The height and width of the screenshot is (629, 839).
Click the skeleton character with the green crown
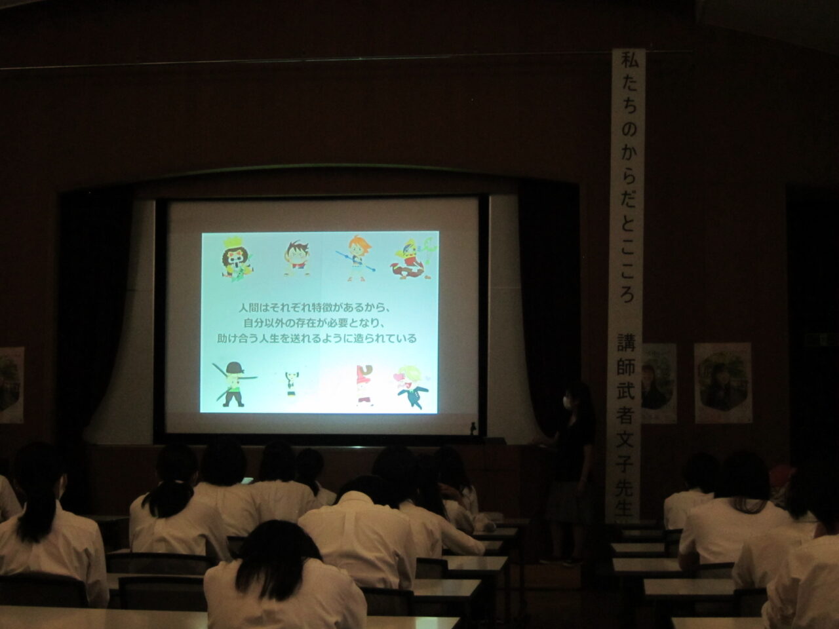click(x=237, y=260)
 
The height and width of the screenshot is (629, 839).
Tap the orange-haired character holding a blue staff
click(x=356, y=258)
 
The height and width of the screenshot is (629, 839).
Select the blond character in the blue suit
click(x=412, y=387)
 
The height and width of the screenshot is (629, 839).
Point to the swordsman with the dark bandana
click(x=233, y=384)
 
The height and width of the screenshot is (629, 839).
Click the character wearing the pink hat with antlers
click(x=364, y=385)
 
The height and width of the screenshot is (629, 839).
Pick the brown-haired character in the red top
click(x=297, y=257)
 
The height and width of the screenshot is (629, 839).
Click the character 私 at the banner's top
click(x=629, y=62)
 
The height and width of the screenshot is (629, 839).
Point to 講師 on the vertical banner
click(x=626, y=356)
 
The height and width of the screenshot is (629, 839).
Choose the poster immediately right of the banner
click(x=659, y=383)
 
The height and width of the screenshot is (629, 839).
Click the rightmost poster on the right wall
click(x=723, y=383)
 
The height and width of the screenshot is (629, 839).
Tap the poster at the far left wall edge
click(x=12, y=385)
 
